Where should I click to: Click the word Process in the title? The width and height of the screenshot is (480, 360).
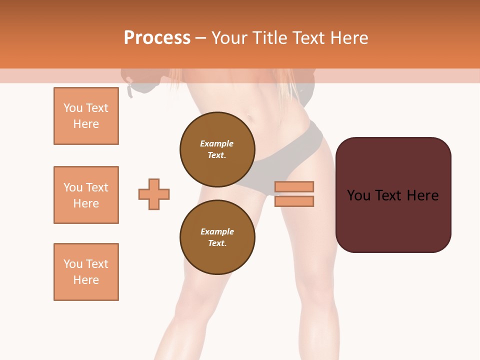(157, 38)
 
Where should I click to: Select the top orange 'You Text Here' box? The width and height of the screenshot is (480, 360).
(86, 116)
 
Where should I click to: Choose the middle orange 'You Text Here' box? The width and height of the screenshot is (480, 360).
(86, 195)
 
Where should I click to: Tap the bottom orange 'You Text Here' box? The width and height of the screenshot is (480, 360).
(86, 272)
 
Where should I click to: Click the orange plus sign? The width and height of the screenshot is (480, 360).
(154, 194)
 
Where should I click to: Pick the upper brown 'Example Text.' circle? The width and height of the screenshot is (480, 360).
(217, 149)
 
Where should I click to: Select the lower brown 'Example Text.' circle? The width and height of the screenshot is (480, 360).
(217, 237)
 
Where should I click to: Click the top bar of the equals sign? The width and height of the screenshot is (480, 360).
(294, 186)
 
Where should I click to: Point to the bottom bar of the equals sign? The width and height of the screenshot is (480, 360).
(294, 201)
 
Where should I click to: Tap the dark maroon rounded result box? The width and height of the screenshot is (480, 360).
(393, 195)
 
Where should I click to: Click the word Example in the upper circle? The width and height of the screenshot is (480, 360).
(217, 143)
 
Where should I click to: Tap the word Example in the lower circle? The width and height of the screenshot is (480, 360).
(217, 231)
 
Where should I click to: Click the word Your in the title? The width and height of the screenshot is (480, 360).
(228, 38)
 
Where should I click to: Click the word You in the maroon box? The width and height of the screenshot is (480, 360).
(358, 195)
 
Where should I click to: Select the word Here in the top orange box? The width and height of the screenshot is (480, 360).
(86, 124)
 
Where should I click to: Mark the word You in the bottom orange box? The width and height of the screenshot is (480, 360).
(73, 264)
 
